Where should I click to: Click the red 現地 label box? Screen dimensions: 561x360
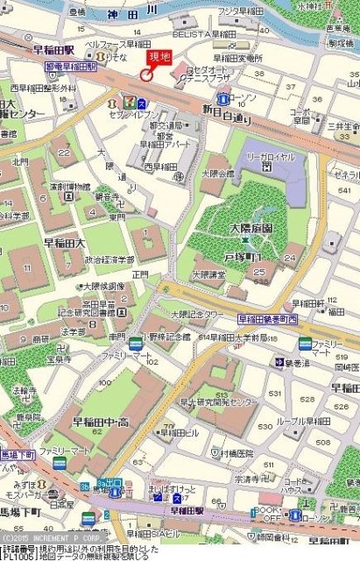[x=160, y=57]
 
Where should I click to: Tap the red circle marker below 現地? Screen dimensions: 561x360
[x=146, y=75]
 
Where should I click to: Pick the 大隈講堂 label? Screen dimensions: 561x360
[x=211, y=273]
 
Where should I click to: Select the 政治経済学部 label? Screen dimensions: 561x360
[x=109, y=259]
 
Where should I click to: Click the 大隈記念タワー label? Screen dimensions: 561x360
[x=197, y=313]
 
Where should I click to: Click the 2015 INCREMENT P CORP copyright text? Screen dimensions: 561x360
[x=51, y=537]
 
